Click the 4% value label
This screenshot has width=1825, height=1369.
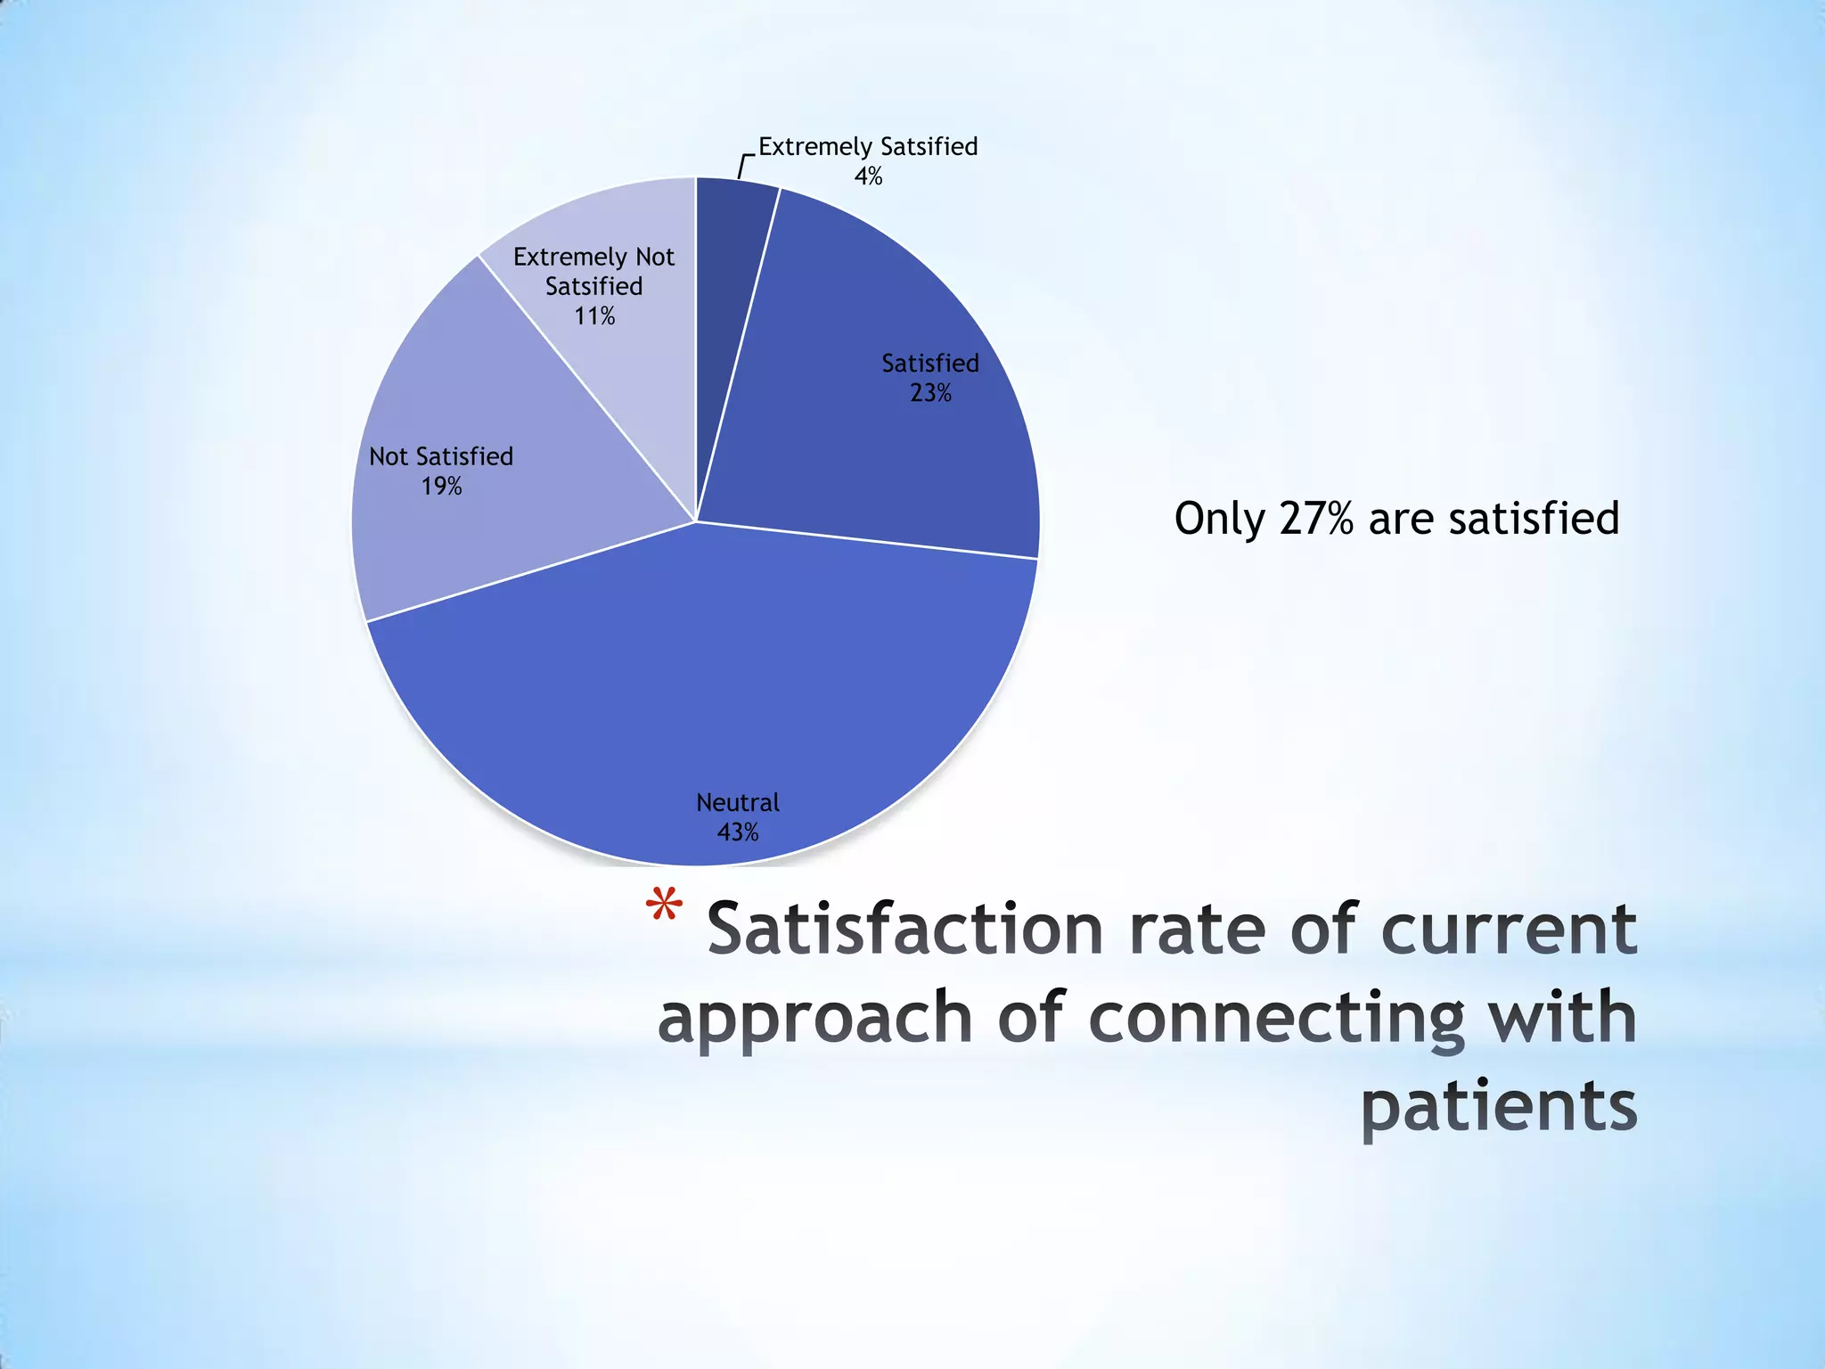tap(868, 176)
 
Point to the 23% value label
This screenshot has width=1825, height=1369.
tap(930, 393)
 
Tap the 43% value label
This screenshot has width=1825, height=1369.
tap(738, 832)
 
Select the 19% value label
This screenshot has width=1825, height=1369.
tap(441, 487)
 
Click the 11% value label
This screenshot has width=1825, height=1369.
tap(594, 316)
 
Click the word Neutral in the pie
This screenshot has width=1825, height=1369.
tap(738, 803)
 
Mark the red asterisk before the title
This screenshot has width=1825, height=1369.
tap(664, 910)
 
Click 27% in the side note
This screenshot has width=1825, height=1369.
tap(1316, 519)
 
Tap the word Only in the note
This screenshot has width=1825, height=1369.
tap(1217, 519)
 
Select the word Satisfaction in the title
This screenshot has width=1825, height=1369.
tap(905, 929)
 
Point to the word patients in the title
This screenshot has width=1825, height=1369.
tap(1499, 1107)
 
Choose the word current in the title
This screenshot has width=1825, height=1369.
tap(1509, 929)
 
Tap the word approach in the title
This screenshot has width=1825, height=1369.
tap(814, 1020)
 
